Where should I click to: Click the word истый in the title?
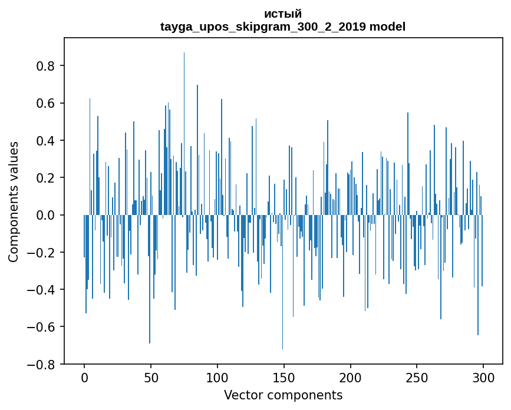click(283, 14)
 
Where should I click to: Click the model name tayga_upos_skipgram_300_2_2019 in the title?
click(263, 27)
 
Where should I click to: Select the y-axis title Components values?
click(14, 201)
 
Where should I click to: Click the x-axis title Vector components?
click(283, 395)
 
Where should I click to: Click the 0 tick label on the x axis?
click(84, 378)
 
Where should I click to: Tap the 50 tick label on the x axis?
click(151, 378)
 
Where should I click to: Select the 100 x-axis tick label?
click(217, 378)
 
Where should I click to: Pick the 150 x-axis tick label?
click(284, 378)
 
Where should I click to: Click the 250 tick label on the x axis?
click(417, 378)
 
